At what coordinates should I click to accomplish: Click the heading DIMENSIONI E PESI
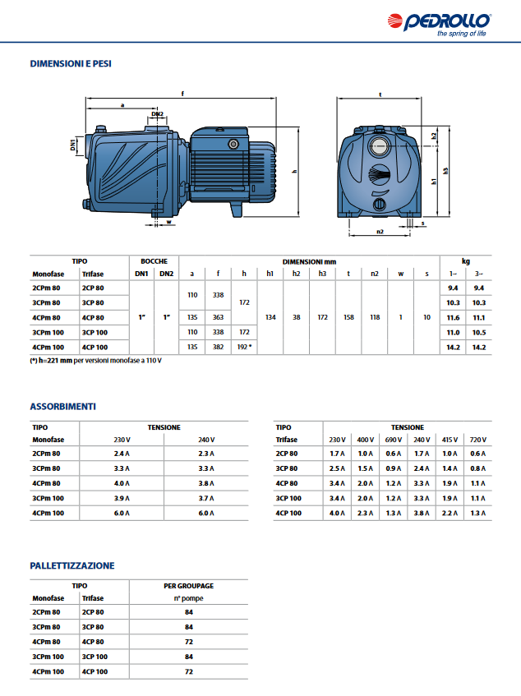(71, 62)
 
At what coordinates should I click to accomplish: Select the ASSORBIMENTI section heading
(63, 407)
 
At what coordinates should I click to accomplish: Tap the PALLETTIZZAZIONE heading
(72, 565)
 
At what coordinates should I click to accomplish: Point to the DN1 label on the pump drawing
(73, 146)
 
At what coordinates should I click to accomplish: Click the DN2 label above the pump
(157, 114)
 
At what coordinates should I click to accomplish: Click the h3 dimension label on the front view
(445, 171)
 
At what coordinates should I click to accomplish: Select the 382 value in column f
(218, 348)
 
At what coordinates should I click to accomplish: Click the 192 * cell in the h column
(244, 348)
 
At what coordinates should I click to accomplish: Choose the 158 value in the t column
(348, 317)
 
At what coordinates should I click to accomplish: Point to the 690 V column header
(394, 440)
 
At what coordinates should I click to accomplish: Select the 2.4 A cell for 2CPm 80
(122, 453)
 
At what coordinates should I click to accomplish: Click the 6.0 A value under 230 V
(122, 513)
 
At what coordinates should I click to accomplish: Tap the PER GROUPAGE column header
(189, 586)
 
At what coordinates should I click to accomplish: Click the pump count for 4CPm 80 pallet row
(189, 642)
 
